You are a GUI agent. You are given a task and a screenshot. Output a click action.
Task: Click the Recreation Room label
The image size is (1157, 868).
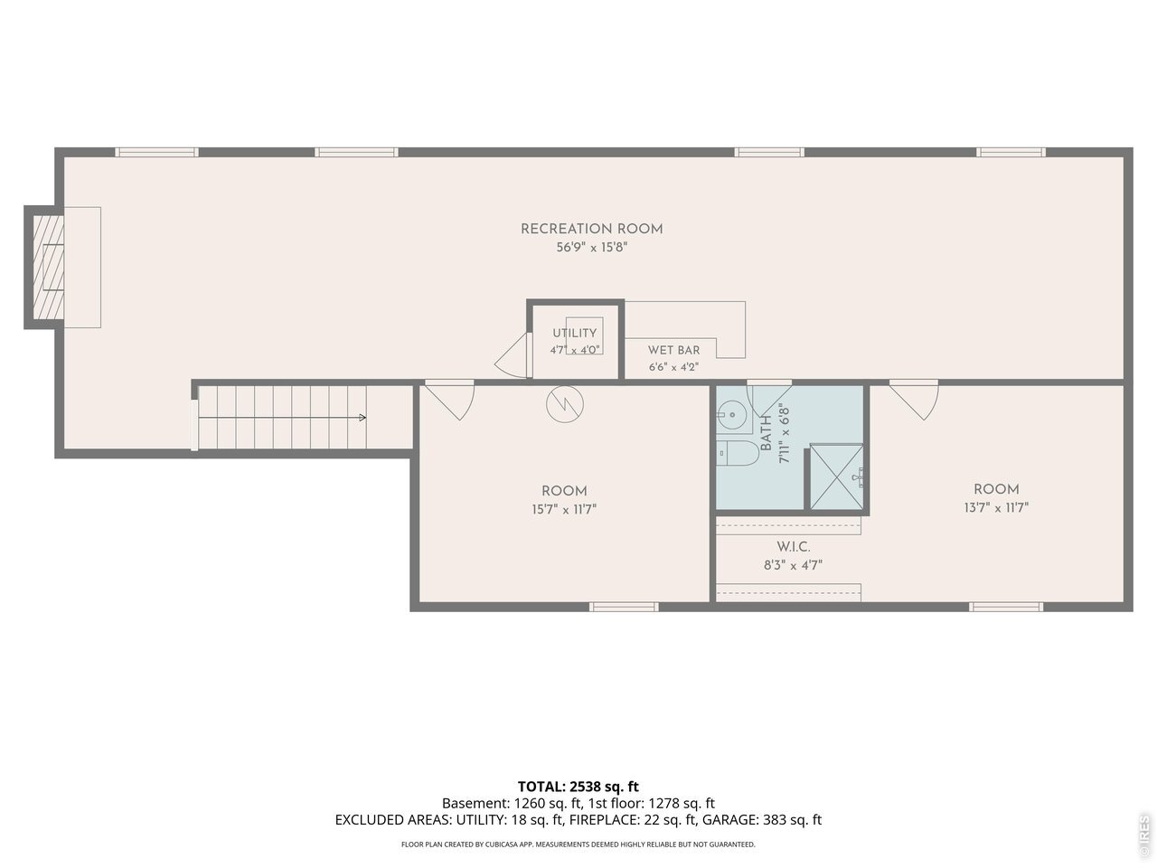[x=591, y=230]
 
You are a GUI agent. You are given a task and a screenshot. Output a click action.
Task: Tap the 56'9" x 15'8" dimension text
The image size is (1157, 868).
[x=592, y=247]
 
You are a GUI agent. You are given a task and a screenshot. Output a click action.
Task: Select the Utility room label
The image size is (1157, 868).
[x=575, y=333]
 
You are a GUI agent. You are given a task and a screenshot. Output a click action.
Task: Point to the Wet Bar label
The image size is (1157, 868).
[x=673, y=351]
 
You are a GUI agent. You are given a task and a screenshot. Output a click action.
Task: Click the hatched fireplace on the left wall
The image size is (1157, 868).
[x=49, y=268]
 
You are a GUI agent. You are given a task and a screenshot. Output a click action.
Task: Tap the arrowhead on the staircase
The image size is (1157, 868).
[x=362, y=418]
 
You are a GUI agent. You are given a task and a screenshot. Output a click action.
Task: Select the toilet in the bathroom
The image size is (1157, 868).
[x=737, y=453]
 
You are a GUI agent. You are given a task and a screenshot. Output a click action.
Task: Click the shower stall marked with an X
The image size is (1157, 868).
[x=836, y=477]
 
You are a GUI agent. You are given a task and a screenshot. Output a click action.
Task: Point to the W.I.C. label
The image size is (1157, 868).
[x=794, y=546]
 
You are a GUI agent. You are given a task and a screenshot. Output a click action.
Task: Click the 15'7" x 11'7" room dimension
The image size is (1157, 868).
[x=564, y=510]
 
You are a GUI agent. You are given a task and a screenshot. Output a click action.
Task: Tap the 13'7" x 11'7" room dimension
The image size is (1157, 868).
[x=996, y=507]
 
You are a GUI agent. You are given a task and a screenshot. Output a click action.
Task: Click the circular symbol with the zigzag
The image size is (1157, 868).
[x=565, y=405]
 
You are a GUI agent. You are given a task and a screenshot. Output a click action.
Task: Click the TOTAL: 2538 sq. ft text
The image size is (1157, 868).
[x=578, y=787]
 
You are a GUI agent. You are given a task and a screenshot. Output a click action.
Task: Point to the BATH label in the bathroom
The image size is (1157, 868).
[x=766, y=433]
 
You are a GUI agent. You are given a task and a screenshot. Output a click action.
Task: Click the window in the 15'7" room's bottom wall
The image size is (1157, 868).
[x=624, y=607]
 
